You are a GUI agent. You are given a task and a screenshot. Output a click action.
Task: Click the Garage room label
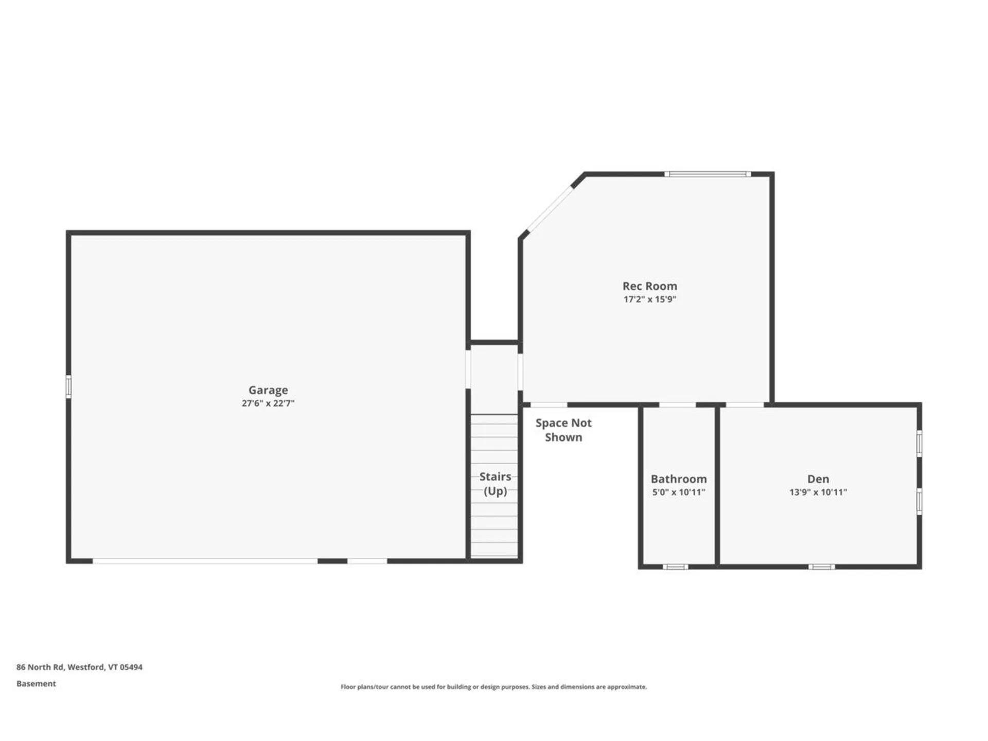pos(268,390)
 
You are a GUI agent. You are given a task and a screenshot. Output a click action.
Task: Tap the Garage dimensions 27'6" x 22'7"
pos(268,403)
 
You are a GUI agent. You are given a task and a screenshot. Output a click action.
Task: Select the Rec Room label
pos(649,286)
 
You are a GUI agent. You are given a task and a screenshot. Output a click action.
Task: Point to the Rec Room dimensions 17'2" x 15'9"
pos(649,299)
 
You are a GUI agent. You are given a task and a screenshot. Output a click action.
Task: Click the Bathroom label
pos(678,479)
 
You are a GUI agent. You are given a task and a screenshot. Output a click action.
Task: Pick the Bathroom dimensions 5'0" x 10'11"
pos(678,492)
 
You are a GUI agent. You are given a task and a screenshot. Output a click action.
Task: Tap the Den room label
pos(818,479)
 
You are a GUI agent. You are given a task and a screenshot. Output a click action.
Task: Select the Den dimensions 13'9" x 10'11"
pos(818,492)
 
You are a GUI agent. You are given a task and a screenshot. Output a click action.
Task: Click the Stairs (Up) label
pos(495,484)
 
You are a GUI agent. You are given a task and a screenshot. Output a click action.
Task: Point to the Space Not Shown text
pos(563,430)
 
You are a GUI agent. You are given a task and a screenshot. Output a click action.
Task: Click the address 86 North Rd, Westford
pos(79,667)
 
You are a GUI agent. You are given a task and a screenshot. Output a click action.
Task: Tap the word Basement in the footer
pos(36,683)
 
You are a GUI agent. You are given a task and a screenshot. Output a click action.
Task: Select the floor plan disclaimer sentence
pos(493,686)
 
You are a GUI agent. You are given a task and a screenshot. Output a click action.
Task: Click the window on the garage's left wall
pos(68,386)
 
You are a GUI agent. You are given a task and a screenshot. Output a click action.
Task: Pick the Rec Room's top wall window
pos(708,174)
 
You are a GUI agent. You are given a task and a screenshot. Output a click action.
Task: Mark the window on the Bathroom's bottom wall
pos(675,567)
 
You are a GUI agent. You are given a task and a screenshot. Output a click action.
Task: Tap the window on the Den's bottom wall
pos(821,567)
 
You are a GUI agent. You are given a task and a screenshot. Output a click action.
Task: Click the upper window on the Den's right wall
pos(919,444)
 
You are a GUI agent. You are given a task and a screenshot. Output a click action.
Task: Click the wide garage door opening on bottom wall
pos(205,561)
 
